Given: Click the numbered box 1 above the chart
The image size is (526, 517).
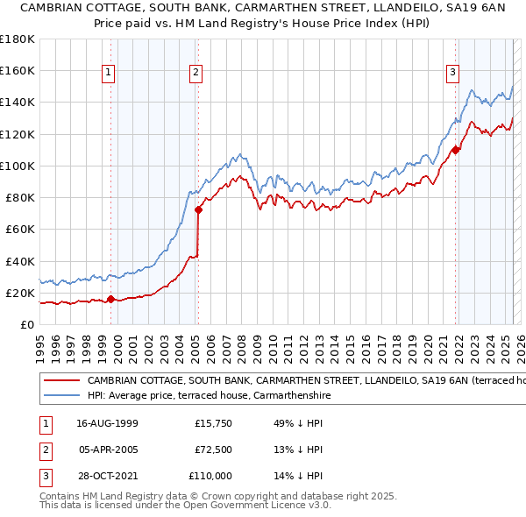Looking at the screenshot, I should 109,73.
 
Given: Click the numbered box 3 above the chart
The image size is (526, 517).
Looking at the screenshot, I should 452,73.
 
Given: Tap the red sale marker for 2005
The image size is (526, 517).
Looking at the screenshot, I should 198,209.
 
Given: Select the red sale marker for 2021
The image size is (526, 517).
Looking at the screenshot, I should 456,150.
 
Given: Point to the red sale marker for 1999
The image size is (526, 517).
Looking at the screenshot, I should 110,300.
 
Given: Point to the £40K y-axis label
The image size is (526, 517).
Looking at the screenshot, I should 19,261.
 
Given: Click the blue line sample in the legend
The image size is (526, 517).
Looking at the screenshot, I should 61,395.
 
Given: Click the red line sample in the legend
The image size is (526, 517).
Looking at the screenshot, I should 61,381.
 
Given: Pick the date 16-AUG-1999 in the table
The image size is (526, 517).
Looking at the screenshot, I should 107,423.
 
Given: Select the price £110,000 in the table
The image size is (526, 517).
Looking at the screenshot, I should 210,476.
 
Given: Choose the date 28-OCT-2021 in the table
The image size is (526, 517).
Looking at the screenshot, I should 107,476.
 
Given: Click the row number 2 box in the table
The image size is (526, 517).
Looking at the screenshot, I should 45,450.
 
